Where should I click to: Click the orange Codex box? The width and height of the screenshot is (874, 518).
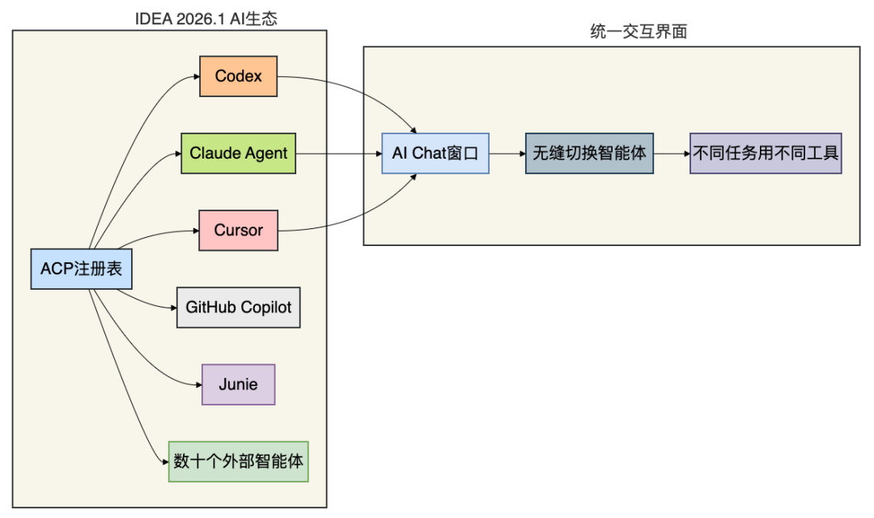coord(238,76)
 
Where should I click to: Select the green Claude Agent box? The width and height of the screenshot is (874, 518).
coord(238,153)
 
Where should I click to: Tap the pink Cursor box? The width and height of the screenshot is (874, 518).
coord(238,230)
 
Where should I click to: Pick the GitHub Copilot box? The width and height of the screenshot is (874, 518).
coord(238,308)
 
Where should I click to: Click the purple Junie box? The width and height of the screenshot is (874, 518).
coord(238,384)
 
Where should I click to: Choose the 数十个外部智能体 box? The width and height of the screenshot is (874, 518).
coord(238,461)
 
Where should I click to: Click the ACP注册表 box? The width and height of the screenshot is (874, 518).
coord(81,269)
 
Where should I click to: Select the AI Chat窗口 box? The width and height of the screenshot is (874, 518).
coord(435,153)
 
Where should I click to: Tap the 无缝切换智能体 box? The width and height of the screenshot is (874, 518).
coord(588,153)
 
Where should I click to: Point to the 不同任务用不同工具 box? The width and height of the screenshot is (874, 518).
coord(766,153)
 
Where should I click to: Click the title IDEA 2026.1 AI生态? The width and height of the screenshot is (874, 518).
coord(206,19)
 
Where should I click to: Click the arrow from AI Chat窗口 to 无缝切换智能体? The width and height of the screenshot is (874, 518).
coord(507,153)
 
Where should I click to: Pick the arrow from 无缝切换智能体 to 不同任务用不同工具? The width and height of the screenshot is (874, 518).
coord(671,153)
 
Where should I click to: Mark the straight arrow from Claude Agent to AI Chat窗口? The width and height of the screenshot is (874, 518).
coord(340,153)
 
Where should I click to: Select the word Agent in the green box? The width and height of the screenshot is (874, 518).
coord(266,153)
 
